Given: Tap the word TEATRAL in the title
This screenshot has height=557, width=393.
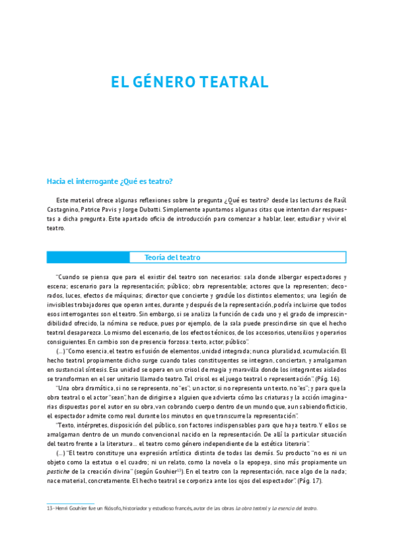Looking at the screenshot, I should point(236,83).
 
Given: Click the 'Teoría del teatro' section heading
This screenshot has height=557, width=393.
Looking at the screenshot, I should point(172,257).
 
